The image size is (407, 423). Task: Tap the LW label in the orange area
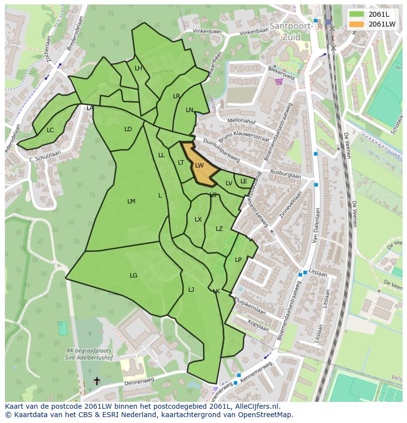[199, 166]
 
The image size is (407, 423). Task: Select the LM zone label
[131, 201]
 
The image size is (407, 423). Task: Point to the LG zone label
[134, 276]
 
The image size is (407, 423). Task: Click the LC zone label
[50, 130]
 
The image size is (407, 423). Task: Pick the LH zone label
[138, 68]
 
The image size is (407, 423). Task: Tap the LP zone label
[238, 260]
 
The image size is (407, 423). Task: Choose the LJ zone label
[191, 290]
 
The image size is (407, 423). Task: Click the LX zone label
[198, 220]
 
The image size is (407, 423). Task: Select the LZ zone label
[219, 229]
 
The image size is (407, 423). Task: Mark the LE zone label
[244, 181]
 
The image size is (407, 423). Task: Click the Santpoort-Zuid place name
[291, 30]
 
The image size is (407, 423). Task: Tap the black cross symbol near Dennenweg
[97, 381]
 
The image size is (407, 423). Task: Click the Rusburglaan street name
[285, 174]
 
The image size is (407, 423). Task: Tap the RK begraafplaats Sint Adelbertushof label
[89, 354]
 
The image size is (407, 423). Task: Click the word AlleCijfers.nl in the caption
[256, 406]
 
